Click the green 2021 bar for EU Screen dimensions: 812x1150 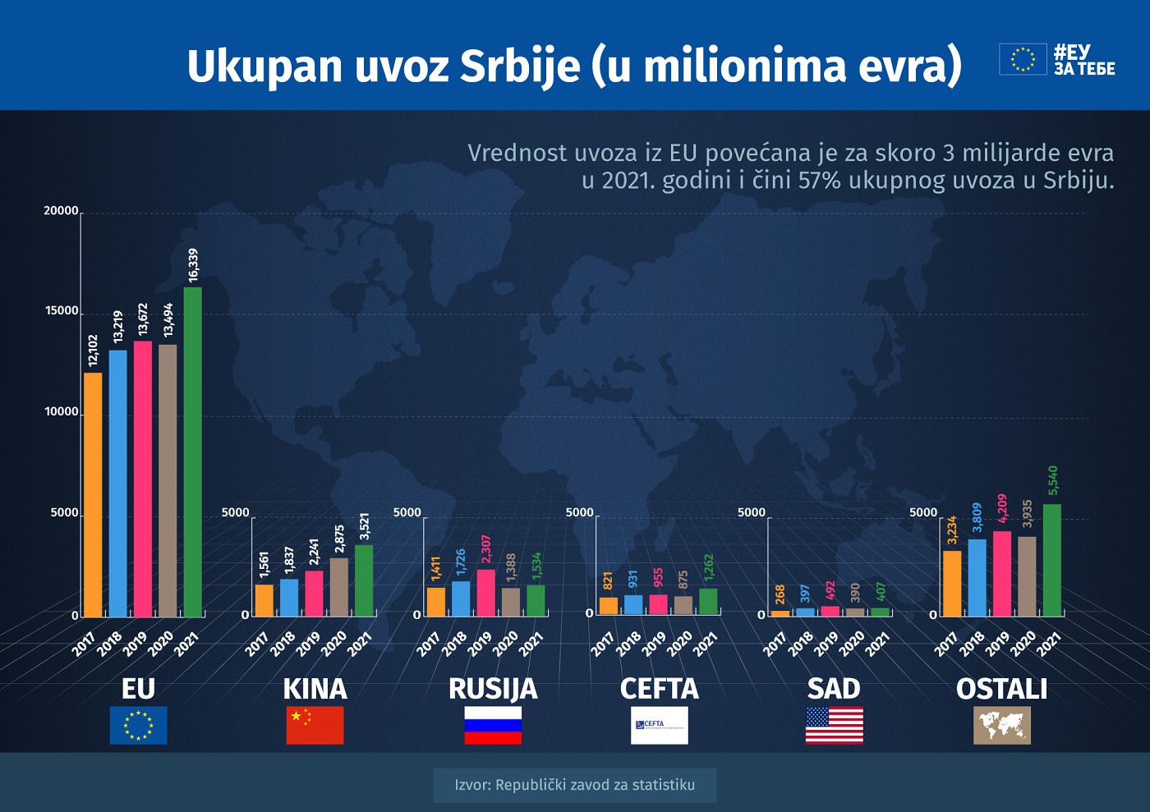(192, 452)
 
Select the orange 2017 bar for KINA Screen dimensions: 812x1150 (264, 600)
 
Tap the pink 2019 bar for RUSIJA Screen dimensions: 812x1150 (485, 593)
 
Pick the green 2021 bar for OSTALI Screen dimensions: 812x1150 (1051, 560)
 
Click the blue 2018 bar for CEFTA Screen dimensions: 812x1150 (633, 605)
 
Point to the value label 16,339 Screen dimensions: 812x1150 (193, 265)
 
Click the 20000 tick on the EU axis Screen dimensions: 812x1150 (62, 211)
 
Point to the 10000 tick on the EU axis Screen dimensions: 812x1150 (62, 412)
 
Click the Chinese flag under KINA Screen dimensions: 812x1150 (315, 725)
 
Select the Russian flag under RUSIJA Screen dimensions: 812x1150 (493, 725)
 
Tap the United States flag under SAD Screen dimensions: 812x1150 (834, 725)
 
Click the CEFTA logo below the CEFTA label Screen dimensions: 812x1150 (659, 725)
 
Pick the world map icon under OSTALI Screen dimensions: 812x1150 (1001, 725)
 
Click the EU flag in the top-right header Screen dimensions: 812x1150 (1023, 59)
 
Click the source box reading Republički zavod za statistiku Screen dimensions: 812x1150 (574, 785)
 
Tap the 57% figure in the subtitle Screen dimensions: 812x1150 (819, 180)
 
